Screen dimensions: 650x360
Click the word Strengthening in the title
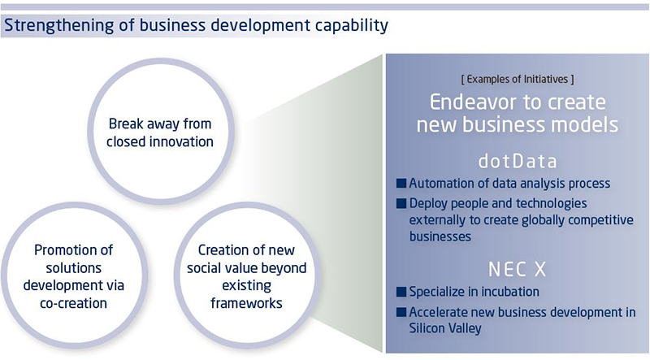point(58,26)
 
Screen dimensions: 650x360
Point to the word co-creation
point(74,303)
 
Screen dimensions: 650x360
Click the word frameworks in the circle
point(247,303)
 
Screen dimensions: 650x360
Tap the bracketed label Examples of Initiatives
point(518,79)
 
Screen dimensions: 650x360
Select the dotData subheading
point(518,162)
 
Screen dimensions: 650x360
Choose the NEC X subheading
point(518,269)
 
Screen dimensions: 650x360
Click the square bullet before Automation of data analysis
point(401,184)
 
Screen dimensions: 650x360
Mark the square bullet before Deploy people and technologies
point(401,203)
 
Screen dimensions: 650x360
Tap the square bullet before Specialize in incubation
point(401,292)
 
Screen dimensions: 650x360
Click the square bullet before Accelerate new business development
point(401,312)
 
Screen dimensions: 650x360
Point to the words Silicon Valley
point(445,328)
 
